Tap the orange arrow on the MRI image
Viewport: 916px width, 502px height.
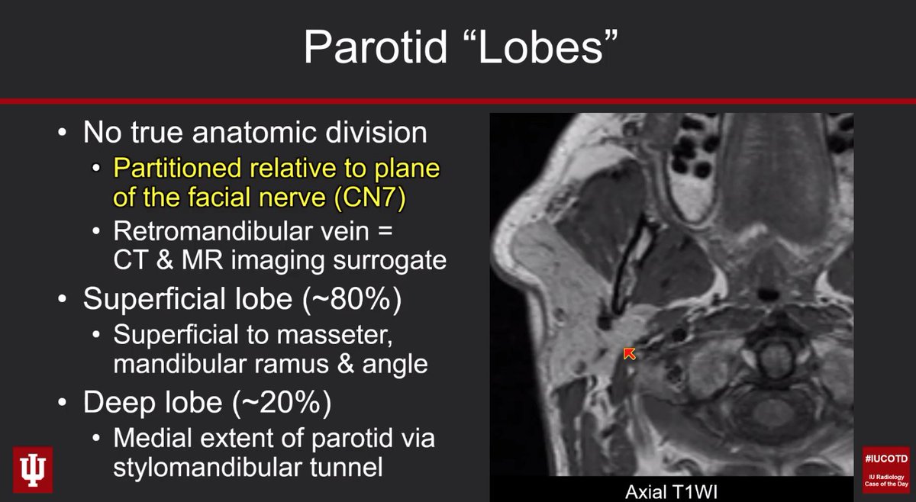coord(630,353)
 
